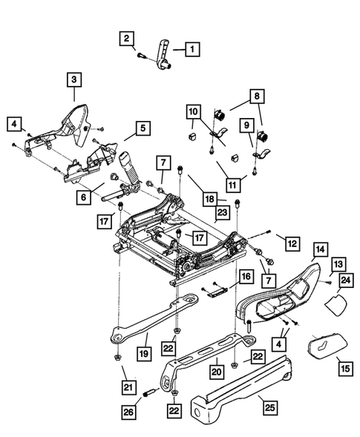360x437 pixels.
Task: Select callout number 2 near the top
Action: (128, 38)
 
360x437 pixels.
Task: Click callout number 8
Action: (256, 96)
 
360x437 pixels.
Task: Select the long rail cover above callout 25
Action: (245, 378)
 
